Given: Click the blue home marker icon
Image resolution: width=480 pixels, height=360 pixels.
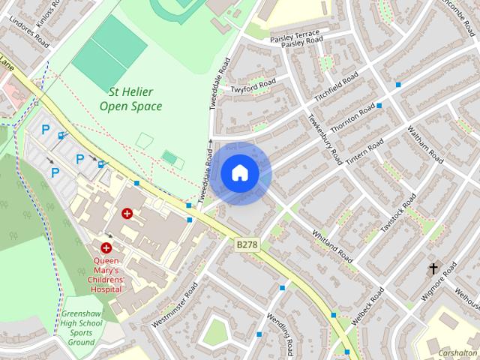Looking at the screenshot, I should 240,173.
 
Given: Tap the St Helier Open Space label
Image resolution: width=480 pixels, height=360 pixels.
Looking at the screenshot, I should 130,99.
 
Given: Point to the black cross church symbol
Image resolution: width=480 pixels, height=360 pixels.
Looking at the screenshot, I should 433,268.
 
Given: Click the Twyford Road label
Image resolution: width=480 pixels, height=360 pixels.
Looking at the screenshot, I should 253,88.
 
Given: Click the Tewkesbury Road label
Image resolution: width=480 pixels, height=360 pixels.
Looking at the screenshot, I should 325,139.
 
